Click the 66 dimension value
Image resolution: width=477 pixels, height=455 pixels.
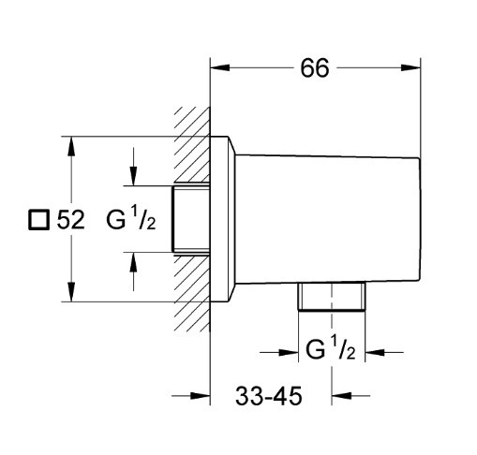coord(315,68)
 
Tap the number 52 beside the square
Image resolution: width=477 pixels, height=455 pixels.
coord(70,220)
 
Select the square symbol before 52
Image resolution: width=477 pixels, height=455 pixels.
coord(39,220)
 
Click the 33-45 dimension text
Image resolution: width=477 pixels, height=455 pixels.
coord(269,396)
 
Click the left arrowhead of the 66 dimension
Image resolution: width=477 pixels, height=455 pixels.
coord(220,67)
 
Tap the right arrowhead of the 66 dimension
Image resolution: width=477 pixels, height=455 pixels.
coord(410,67)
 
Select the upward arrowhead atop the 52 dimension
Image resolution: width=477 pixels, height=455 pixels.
coord(71,146)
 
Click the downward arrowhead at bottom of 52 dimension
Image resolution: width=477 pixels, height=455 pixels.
coord(71,292)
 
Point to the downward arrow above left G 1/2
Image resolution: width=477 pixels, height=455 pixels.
coord(133,167)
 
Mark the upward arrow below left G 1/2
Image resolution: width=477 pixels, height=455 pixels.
coord(133,272)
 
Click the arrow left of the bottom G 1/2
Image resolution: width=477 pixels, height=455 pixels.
coord(279,353)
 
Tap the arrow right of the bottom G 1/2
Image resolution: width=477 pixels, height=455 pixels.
coord(384,353)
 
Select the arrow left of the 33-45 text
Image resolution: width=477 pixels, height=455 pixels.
coord(191,396)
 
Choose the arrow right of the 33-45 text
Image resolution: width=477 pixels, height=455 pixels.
coord(350,396)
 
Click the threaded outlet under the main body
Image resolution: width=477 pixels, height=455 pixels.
coord(332,297)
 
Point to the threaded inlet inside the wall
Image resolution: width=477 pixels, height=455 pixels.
coord(190,219)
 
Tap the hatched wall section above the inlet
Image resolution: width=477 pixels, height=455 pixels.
coord(192,145)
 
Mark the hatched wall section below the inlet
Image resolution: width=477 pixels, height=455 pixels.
coord(192,293)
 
